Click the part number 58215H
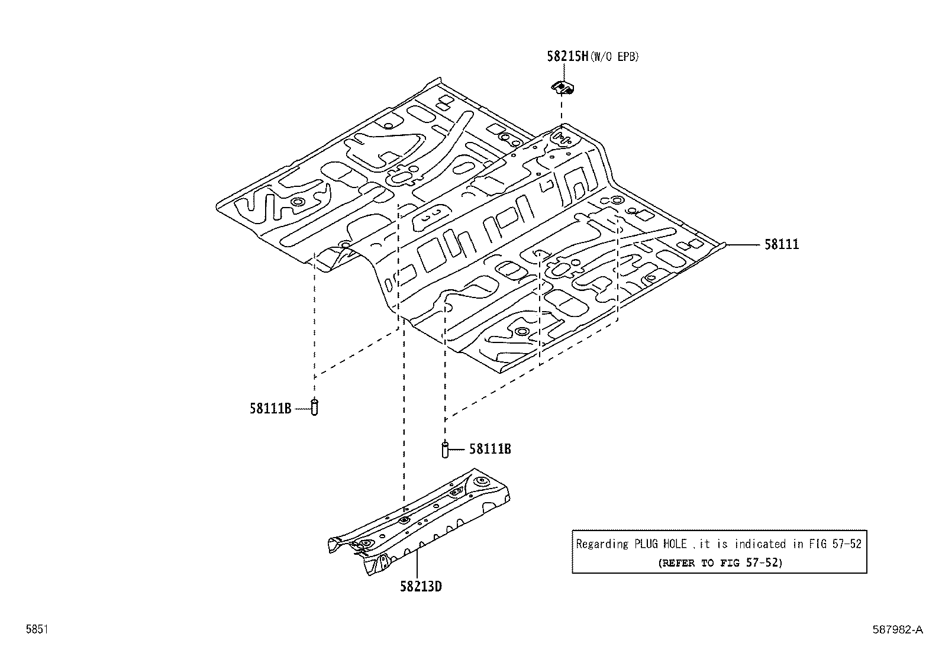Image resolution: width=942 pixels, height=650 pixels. [x=567, y=57]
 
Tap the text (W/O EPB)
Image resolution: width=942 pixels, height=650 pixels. [x=615, y=57]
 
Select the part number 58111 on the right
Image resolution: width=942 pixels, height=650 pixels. [x=781, y=244]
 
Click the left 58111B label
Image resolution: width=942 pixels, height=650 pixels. [x=270, y=409]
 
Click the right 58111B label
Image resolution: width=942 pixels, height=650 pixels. [x=490, y=449]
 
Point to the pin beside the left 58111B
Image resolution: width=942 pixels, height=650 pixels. [x=315, y=407]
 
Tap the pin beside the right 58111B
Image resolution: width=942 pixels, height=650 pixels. [x=445, y=449]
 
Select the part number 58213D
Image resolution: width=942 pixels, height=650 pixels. [x=421, y=587]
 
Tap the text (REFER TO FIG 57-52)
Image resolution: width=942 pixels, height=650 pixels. [x=720, y=563]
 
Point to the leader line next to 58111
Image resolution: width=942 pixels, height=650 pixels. [x=743, y=244]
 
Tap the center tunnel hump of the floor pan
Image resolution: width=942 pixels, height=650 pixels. [x=473, y=225]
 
